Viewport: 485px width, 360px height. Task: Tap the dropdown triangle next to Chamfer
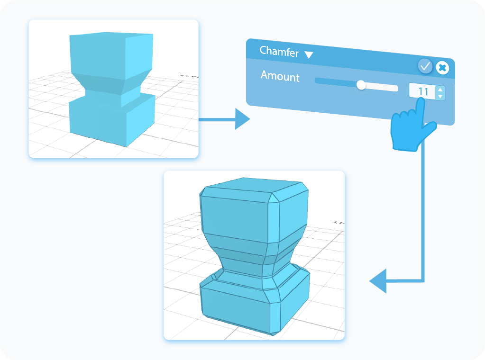tap(309, 55)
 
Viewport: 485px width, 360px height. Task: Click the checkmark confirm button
tap(425, 66)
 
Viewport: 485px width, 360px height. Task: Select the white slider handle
tap(361, 85)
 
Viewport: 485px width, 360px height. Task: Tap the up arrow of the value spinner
tap(440, 89)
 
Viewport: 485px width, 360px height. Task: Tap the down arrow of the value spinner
tap(440, 97)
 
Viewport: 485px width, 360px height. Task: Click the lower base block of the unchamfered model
tap(97, 118)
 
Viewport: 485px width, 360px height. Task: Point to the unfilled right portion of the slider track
tap(382, 87)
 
